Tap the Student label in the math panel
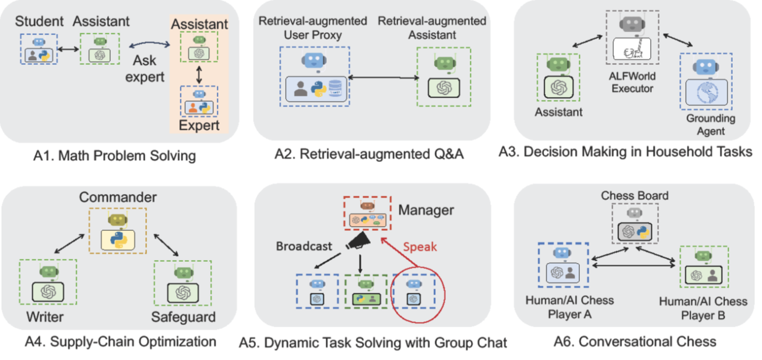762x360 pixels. click(x=39, y=21)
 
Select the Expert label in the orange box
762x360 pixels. click(x=200, y=125)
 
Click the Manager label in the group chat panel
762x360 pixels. click(x=426, y=210)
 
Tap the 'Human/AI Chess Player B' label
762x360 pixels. click(x=702, y=308)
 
